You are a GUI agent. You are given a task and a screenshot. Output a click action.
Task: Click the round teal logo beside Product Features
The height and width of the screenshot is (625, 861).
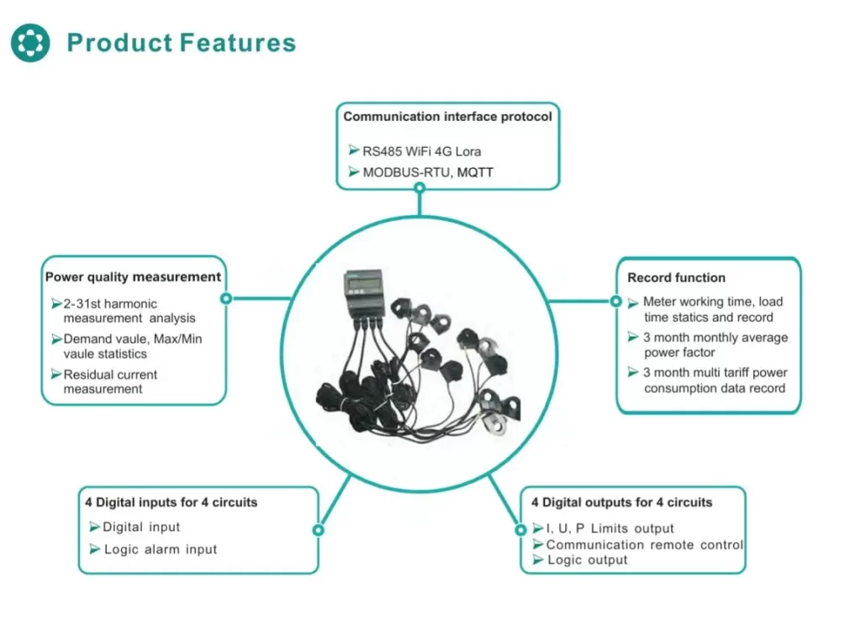[x=30, y=43]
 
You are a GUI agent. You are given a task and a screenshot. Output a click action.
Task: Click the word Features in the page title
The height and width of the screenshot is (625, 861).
[x=238, y=43]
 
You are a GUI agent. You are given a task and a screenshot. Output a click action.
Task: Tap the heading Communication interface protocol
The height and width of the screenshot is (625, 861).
[x=447, y=117]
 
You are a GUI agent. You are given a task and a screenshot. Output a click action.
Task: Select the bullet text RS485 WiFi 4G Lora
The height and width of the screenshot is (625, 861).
[x=422, y=151]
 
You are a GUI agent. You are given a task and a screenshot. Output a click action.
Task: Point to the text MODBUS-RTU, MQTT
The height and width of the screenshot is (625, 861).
[x=428, y=172]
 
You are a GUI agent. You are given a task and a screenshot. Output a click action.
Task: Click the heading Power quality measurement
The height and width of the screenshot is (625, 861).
[x=133, y=276]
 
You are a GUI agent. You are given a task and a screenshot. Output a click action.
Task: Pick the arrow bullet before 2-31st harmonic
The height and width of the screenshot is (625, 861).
[x=56, y=303]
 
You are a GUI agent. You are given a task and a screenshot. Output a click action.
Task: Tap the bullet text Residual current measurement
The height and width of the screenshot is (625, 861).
[x=110, y=381]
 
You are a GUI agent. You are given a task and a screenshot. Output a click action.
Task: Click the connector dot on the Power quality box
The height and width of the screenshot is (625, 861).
[x=225, y=298]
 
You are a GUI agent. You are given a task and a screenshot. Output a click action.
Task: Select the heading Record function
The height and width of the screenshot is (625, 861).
[x=676, y=277]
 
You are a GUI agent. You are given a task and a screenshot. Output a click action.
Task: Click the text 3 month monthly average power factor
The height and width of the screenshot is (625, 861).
[x=716, y=344]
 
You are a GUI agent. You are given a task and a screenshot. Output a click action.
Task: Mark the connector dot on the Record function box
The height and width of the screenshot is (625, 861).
[x=615, y=301]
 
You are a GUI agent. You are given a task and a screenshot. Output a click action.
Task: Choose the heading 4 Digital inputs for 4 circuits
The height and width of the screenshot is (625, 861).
[x=171, y=502]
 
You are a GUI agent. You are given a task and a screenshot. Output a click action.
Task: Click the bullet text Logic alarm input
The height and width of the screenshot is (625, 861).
[x=161, y=549]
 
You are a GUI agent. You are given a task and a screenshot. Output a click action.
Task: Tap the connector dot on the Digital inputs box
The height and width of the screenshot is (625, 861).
[x=318, y=530]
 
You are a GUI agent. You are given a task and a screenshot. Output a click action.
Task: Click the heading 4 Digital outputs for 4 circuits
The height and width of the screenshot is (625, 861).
[x=621, y=502]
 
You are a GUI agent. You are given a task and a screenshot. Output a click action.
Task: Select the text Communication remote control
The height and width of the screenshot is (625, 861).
[x=645, y=544]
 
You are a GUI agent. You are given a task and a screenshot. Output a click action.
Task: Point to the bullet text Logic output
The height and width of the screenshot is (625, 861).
[x=587, y=559]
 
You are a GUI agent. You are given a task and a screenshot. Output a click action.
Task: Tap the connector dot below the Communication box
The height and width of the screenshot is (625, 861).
[x=419, y=189]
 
